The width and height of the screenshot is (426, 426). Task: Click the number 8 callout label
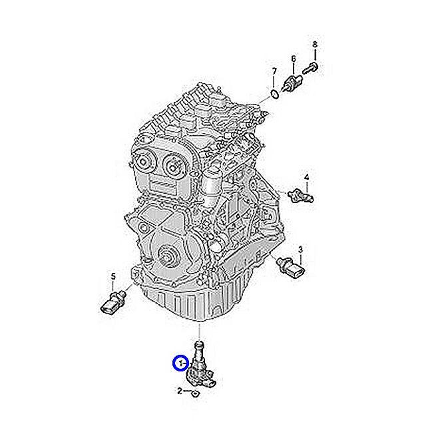click(x=315, y=45)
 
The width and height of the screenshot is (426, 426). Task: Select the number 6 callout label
click(x=293, y=59)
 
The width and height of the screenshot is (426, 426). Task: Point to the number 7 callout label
click(x=273, y=71)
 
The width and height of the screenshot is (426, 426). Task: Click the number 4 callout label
click(x=307, y=177)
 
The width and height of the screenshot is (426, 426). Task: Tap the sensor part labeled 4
click(x=302, y=195)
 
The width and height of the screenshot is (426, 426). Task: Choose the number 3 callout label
click(x=300, y=250)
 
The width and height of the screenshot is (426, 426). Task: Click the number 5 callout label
click(x=112, y=276)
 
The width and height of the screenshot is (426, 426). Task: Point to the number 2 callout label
click(x=180, y=392)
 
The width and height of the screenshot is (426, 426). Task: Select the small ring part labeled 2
click(x=195, y=393)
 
